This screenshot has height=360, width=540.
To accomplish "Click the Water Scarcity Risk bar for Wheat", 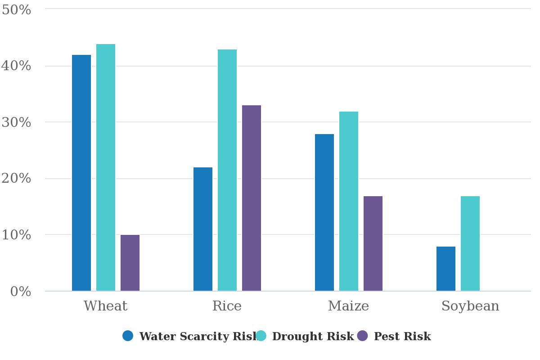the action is pyautogui.click(x=81, y=173).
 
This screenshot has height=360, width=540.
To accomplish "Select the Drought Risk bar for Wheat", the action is pyautogui.click(x=106, y=167).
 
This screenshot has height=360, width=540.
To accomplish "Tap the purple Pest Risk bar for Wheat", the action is pyautogui.click(x=130, y=263).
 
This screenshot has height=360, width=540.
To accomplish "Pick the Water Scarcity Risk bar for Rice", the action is pyautogui.click(x=203, y=229).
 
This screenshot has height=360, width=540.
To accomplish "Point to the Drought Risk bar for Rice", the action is pyautogui.click(x=227, y=170).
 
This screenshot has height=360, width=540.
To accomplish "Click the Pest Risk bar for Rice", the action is pyautogui.click(x=252, y=198).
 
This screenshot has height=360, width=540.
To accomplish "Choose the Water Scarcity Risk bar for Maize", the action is pyautogui.click(x=324, y=212).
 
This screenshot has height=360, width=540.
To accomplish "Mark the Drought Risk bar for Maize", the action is pyautogui.click(x=349, y=201).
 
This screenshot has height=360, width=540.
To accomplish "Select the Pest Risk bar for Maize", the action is pyautogui.click(x=373, y=243).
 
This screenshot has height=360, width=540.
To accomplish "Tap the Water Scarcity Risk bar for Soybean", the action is pyautogui.click(x=446, y=269).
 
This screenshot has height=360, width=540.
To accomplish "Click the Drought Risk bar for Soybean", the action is pyautogui.click(x=470, y=243).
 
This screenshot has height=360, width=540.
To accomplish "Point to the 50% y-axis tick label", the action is pyautogui.click(x=16, y=10).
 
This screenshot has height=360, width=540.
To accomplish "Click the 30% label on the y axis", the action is pyautogui.click(x=16, y=122).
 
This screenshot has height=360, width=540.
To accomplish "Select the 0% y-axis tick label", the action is pyautogui.click(x=21, y=292).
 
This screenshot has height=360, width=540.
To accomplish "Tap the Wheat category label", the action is pyautogui.click(x=106, y=306).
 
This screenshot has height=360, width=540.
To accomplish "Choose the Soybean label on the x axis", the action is pyautogui.click(x=470, y=306).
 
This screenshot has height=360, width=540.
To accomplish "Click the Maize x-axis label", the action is pyautogui.click(x=349, y=306).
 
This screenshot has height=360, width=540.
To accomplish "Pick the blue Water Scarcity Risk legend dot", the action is pyautogui.click(x=128, y=336).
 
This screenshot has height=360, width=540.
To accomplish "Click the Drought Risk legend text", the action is pyautogui.click(x=313, y=336).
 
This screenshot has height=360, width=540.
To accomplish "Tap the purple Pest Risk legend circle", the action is pyautogui.click(x=362, y=336).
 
